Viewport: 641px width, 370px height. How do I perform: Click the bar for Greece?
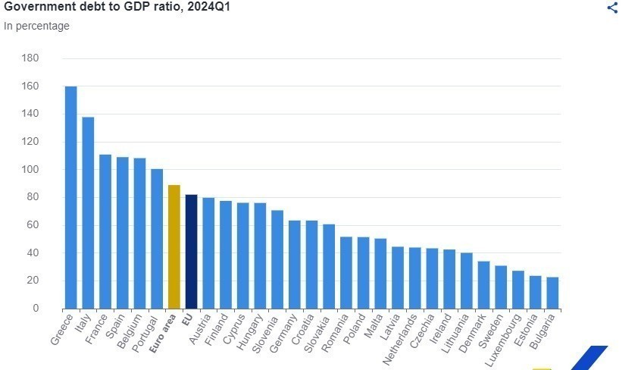click(70, 197)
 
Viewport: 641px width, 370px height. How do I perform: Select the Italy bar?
click(88, 212)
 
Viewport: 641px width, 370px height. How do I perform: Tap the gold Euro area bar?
click(174, 246)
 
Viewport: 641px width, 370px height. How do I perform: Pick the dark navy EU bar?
click(191, 251)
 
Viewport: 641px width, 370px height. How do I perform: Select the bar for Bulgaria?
click(552, 293)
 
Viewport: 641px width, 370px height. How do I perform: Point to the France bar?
click(105, 231)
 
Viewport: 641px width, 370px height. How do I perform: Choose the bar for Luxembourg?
click(517, 290)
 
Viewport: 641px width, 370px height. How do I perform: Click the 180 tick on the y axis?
click(30, 58)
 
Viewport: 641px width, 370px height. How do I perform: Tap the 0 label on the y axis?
click(35, 309)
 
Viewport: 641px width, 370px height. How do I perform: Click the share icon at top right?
click(613, 8)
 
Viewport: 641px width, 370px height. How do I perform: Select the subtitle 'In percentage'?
click(36, 26)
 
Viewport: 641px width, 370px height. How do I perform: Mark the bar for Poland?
click(363, 273)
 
